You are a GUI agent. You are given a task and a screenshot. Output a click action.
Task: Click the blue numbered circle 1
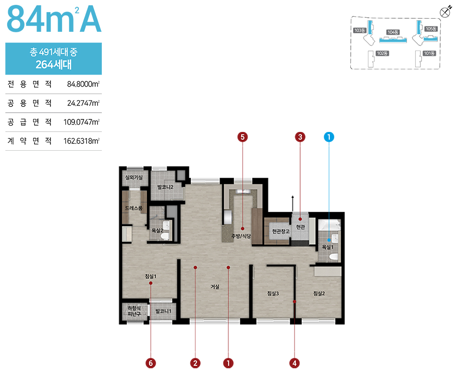point(329,137)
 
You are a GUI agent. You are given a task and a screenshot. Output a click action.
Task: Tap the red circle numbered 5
point(243,137)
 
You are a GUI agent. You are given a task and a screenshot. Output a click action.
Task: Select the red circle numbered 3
point(300,137)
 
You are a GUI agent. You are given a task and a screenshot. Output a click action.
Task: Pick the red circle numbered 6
point(151,363)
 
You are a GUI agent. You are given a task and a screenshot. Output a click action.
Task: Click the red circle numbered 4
point(295,363)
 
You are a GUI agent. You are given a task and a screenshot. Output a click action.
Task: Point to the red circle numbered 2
point(195,363)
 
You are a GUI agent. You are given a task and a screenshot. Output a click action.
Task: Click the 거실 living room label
point(215,287)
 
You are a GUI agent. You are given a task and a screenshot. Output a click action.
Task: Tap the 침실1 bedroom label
point(151,276)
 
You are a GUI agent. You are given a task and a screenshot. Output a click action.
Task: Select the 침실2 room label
point(319,294)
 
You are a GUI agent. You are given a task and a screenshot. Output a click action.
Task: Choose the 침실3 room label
point(273,294)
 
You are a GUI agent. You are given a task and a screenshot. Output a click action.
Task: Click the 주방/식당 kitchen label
point(241,236)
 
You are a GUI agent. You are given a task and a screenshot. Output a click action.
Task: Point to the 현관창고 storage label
point(281,231)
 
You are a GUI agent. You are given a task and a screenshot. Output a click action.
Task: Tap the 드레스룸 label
point(134,208)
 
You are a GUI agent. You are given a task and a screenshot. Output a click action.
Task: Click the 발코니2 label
point(165,187)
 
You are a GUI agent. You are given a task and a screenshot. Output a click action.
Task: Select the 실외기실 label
point(134,177)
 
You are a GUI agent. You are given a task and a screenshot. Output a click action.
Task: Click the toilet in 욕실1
point(333,257)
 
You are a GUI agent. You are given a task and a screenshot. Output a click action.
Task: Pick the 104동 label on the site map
point(393,32)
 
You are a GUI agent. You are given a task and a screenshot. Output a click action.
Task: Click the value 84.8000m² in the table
point(83,84)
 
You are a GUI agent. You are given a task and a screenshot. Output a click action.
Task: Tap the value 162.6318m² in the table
point(82,141)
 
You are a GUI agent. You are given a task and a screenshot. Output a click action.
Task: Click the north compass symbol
point(445,12)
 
